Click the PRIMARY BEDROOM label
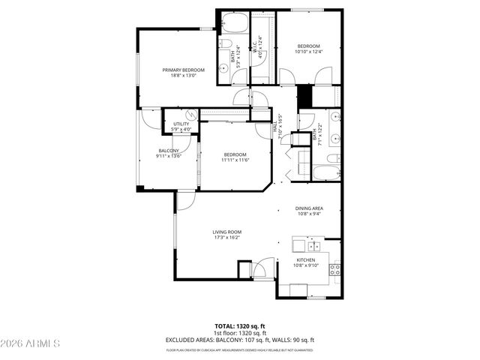point(184,70)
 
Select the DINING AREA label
point(308,208)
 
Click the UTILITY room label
point(181,124)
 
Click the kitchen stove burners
point(335,268)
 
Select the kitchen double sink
point(313,245)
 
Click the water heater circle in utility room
point(192,115)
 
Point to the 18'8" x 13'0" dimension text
point(184,76)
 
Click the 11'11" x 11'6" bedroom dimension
point(235,160)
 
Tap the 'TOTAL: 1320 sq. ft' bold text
point(240,326)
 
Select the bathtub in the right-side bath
point(326,172)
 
